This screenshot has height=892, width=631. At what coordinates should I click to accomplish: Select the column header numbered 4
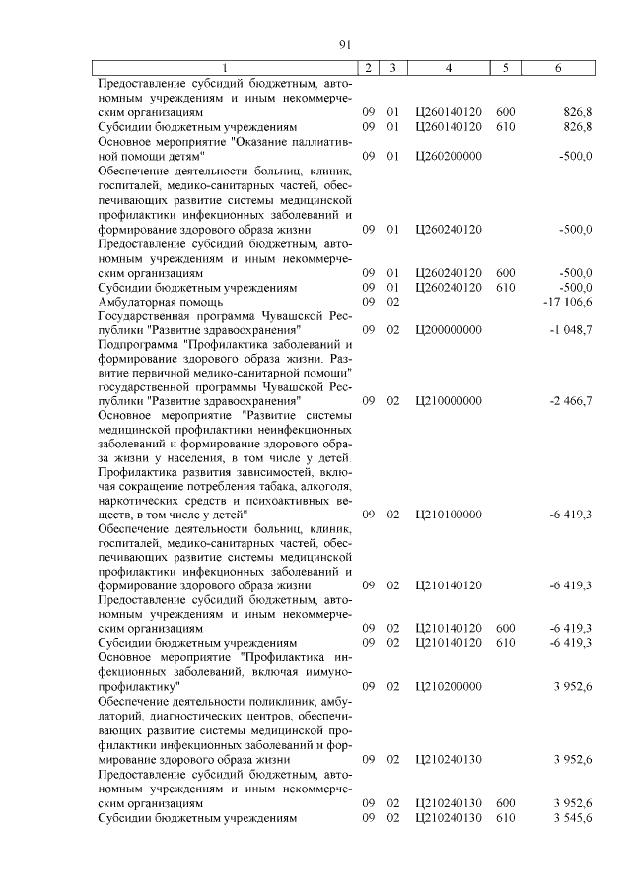coord(449,68)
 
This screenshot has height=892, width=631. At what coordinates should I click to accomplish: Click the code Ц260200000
coord(449,156)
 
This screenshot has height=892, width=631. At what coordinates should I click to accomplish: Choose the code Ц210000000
coord(449,400)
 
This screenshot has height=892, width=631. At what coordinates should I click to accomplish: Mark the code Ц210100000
coord(449,514)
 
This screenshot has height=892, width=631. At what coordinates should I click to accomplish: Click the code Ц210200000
coord(449,685)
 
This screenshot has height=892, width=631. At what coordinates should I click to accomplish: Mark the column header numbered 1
coord(224,68)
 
